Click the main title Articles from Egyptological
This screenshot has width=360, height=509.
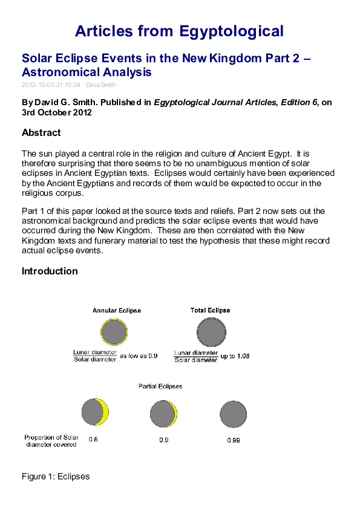[180, 31]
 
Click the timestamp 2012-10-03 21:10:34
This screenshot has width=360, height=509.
[51, 85]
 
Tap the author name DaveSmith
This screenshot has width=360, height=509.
[100, 85]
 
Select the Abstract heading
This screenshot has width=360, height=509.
[41, 132]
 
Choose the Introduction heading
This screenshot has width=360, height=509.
[50, 271]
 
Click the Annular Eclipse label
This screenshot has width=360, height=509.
[117, 310]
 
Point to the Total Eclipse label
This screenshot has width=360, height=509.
[210, 310]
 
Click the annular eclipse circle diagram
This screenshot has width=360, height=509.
[114, 332]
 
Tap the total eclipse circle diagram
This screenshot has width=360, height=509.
[211, 332]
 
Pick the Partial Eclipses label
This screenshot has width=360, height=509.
[160, 386]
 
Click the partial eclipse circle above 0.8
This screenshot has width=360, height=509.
[95, 412]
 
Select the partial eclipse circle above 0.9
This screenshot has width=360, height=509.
[163, 414]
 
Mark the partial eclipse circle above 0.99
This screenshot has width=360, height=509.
[234, 414]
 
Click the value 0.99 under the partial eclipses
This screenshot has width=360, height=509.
[234, 440]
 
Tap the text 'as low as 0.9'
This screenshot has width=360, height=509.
[139, 356]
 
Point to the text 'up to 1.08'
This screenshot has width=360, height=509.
[235, 356]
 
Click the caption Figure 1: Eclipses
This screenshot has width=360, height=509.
[56, 476]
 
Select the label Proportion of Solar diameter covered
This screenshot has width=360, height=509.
[51, 441]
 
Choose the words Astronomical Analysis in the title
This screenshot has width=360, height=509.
[87, 73]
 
